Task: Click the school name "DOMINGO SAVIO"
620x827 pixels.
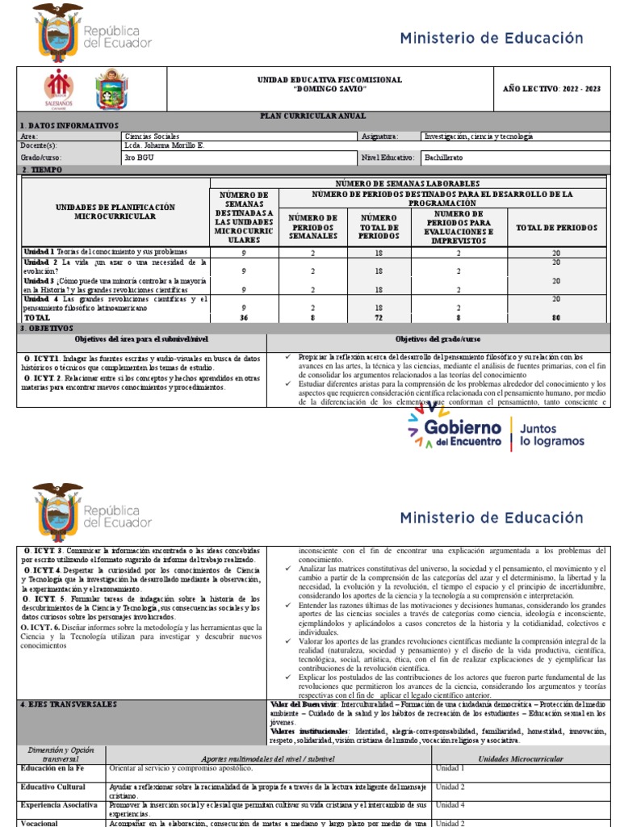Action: click(x=329, y=88)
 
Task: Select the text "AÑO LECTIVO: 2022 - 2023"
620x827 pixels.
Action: click(x=552, y=88)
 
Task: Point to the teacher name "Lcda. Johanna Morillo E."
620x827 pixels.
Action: click(x=164, y=146)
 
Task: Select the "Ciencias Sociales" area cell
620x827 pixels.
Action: click(x=153, y=136)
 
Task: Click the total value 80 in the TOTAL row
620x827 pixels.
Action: click(x=555, y=318)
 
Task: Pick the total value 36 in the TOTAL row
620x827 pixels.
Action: click(x=244, y=318)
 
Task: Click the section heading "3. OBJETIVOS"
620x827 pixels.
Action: click(x=46, y=329)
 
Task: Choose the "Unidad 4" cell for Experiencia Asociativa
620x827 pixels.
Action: click(x=450, y=805)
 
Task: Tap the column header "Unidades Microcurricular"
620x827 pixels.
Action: click(x=521, y=758)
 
